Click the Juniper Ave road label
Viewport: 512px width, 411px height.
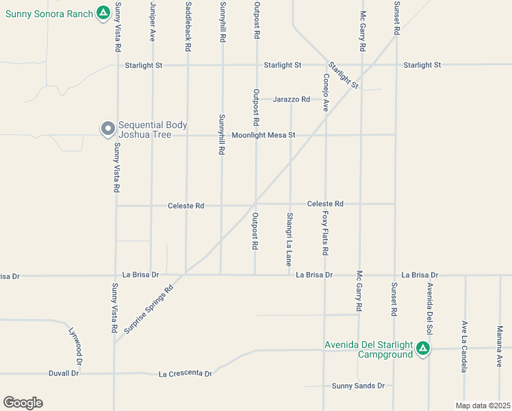152,23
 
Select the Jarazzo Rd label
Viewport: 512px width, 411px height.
292,99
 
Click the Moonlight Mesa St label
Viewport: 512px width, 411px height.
263,135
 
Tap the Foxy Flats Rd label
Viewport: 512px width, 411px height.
325,232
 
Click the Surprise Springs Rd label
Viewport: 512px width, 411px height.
149,309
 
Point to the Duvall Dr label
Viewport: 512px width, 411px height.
64,374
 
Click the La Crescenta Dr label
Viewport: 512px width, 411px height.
185,374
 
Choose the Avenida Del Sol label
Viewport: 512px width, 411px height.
430,302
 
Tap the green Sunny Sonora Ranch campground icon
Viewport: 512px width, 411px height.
103,12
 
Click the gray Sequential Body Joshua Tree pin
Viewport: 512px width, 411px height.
107,128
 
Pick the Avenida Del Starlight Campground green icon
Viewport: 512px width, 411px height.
423,349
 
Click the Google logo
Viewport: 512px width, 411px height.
23,403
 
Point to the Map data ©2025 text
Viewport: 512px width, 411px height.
483,404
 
